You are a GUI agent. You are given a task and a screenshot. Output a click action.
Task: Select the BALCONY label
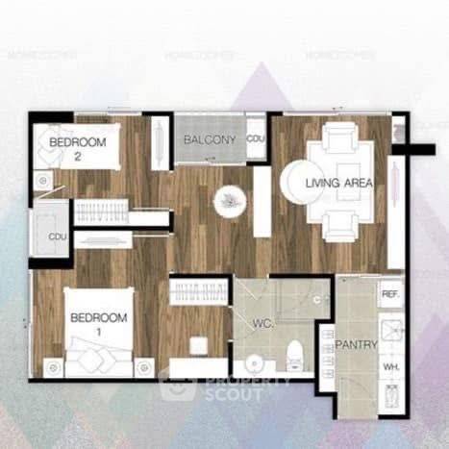tap(210, 140)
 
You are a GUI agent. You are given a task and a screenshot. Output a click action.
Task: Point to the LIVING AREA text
tap(339, 183)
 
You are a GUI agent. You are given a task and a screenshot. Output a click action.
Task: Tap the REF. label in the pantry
tap(390, 294)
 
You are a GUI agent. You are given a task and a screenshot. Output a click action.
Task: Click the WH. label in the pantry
tap(390, 366)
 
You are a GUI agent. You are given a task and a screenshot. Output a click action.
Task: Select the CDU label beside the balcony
tap(255, 139)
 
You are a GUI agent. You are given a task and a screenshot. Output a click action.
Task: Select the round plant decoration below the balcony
tap(230, 200)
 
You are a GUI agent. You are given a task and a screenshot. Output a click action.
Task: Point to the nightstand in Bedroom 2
tap(43, 179)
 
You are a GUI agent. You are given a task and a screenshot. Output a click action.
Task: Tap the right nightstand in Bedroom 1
tap(144, 366)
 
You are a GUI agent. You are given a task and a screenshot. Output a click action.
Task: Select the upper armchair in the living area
tap(340, 140)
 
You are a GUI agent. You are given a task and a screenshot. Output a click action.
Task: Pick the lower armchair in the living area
tap(340, 226)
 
